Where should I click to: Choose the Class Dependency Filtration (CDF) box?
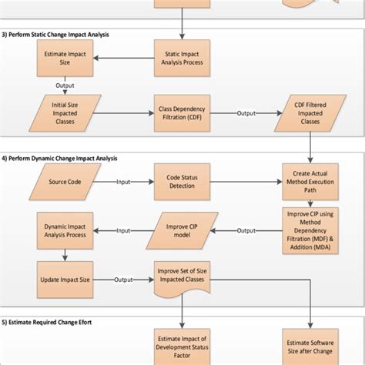point(182,114)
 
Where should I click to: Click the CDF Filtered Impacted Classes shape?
point(309,114)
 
